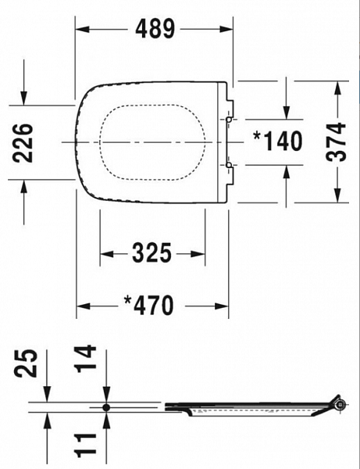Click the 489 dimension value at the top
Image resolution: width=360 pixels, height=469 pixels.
coord(155,29)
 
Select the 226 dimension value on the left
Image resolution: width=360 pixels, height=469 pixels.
coord(23,141)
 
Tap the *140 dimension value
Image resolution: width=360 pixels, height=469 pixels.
coord(277,141)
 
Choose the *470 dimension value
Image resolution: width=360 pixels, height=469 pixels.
coord(149,306)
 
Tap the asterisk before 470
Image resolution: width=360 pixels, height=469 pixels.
coord(128,301)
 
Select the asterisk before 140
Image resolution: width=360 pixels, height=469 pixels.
coord(257,137)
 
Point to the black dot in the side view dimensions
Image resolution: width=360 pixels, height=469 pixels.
coord(105,407)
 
